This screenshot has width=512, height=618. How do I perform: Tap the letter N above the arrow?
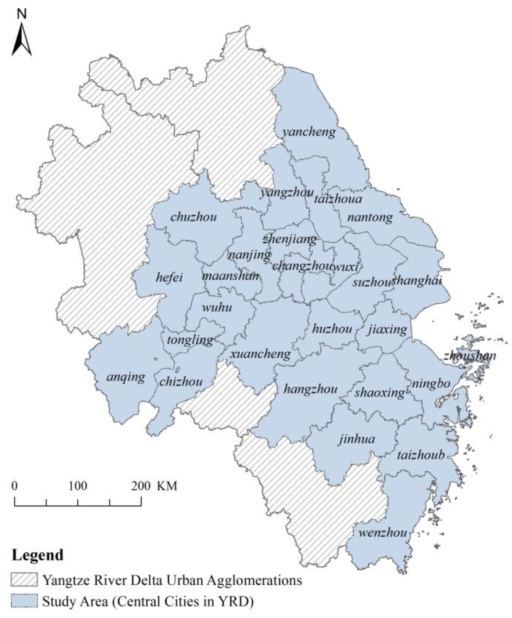click(21, 13)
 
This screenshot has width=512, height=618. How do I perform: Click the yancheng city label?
click(309, 132)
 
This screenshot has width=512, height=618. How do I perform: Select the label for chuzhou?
click(194, 217)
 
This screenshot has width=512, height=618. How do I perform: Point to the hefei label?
click(169, 277)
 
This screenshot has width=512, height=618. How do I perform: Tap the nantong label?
click(370, 217)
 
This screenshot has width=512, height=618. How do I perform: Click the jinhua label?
click(357, 439)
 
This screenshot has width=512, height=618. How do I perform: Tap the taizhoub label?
click(421, 455)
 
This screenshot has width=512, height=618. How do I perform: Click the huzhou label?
click(332, 329)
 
